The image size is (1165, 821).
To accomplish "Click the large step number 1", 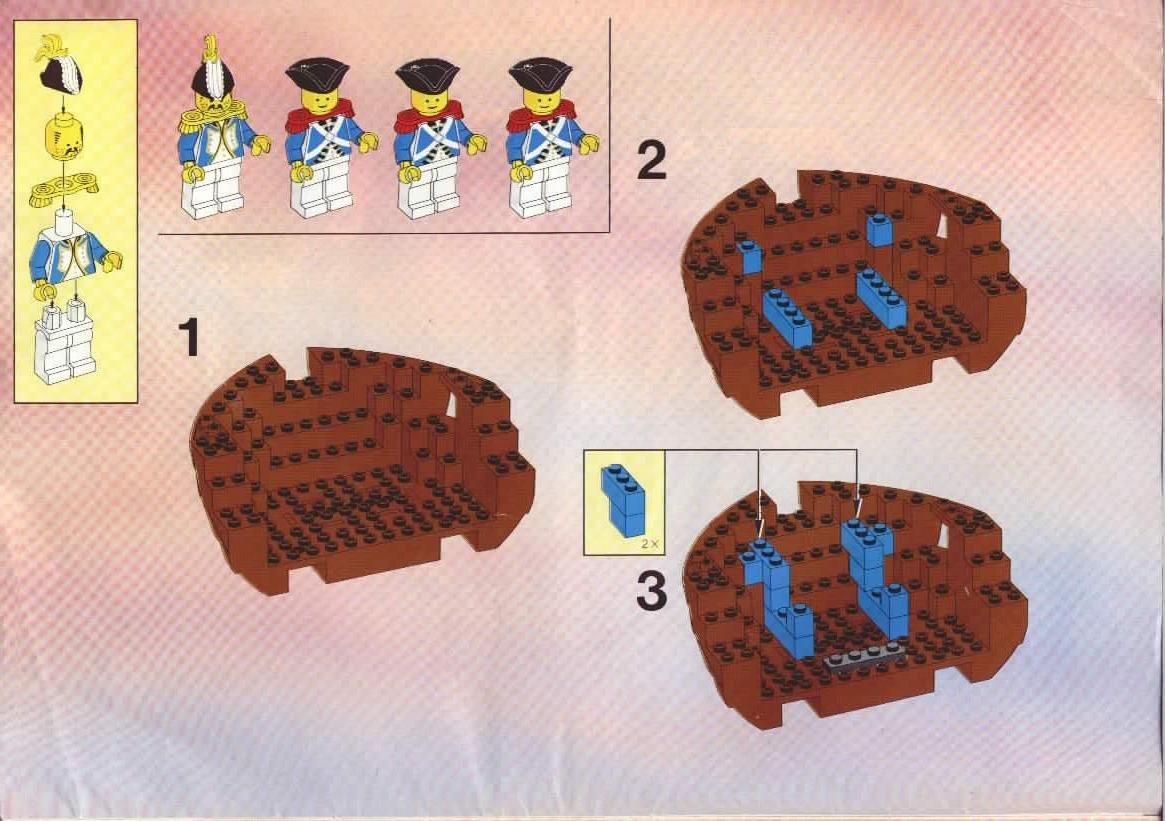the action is [189, 337].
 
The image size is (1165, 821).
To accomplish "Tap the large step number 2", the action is [652, 160].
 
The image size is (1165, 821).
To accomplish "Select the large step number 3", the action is [652, 591].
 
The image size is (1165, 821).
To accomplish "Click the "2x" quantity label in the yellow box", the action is [650, 544].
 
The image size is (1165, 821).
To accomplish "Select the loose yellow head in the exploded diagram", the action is [64, 139].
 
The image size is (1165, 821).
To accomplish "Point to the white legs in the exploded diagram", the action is [66, 342].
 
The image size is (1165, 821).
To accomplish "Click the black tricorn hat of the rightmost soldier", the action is [540, 75].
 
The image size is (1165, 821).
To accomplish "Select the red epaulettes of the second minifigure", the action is [319, 117].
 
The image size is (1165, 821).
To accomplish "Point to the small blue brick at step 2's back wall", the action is [880, 229].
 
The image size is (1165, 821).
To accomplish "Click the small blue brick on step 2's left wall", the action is [749, 256].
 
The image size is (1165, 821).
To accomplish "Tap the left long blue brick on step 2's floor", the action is [787, 318].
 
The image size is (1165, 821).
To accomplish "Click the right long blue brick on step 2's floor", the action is [882, 299].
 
